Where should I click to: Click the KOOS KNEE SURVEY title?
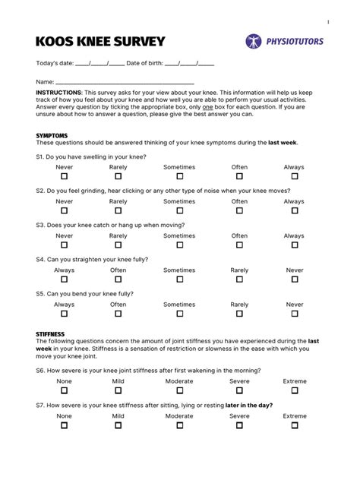(x=100, y=41)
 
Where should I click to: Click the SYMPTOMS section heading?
(x=52, y=135)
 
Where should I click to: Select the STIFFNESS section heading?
(x=51, y=333)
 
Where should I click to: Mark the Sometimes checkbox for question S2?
(x=179, y=211)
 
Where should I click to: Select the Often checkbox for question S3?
(x=239, y=245)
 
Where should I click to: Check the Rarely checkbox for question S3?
(x=118, y=245)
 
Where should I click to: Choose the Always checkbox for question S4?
(x=65, y=279)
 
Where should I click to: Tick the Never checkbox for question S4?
(x=294, y=279)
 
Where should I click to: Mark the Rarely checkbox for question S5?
(x=239, y=314)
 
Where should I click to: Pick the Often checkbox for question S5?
(x=118, y=314)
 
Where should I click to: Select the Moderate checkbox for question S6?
(x=179, y=391)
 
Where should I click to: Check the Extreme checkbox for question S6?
(x=294, y=391)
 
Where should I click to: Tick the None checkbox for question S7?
(x=65, y=426)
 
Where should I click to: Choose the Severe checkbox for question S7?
(x=239, y=426)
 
